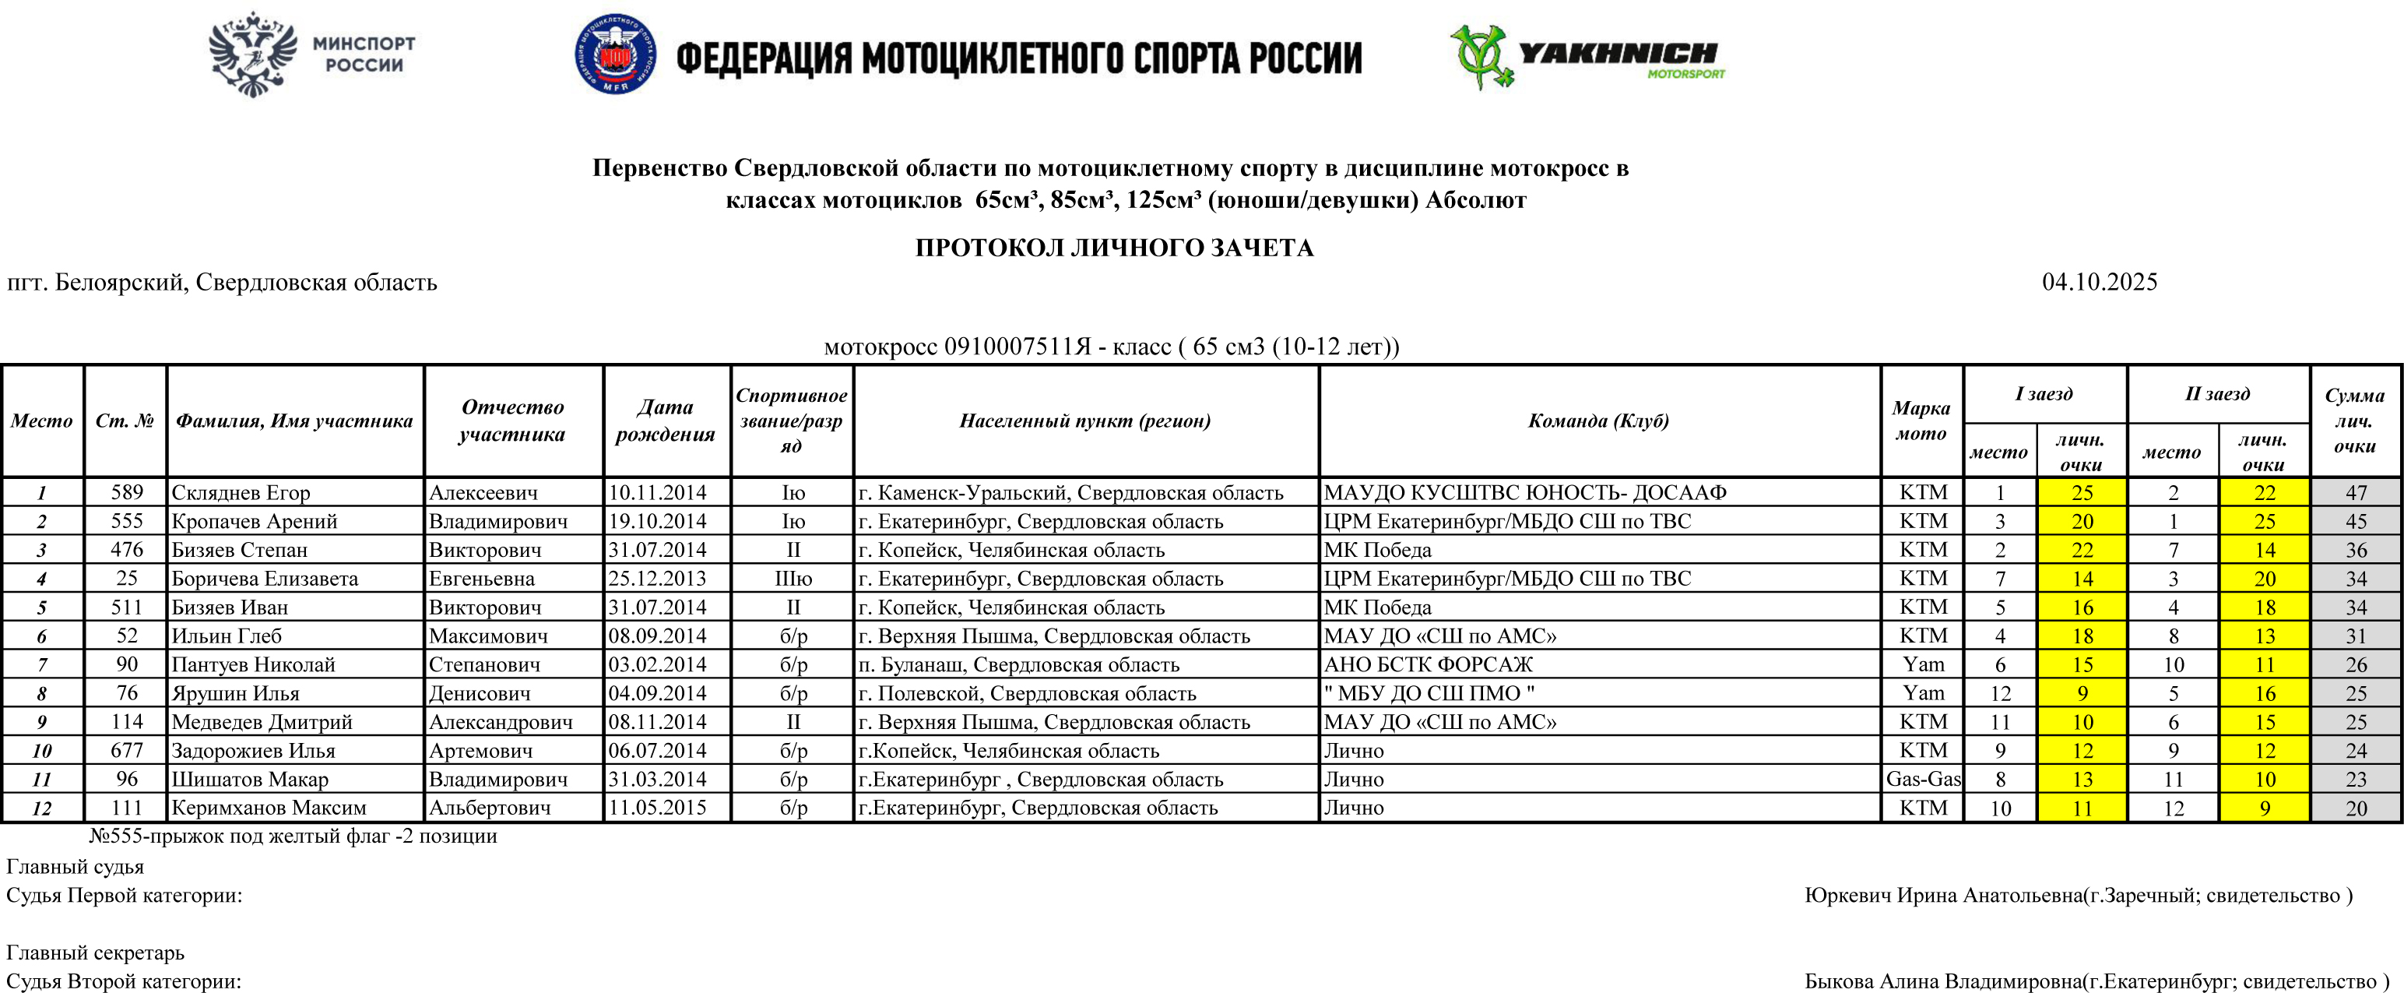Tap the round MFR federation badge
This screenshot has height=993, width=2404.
(614, 55)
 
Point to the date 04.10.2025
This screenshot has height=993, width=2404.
(2099, 282)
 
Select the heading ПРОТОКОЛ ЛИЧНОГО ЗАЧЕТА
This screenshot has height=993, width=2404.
(1113, 248)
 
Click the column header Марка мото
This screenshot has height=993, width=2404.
(1921, 420)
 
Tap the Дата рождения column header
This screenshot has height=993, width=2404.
(666, 420)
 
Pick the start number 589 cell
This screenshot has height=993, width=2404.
(126, 493)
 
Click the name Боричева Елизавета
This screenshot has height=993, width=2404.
(264, 579)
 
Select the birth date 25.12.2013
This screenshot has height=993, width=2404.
(657, 579)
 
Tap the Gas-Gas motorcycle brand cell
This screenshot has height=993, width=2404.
(1922, 780)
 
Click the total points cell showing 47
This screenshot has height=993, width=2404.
(2356, 493)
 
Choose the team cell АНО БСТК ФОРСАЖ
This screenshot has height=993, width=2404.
(1428, 664)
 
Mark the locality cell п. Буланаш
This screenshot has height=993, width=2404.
(1018, 664)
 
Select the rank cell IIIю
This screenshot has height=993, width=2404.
(793, 579)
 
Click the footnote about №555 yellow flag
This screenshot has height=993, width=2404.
(293, 836)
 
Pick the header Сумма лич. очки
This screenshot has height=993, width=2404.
(2353, 420)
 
